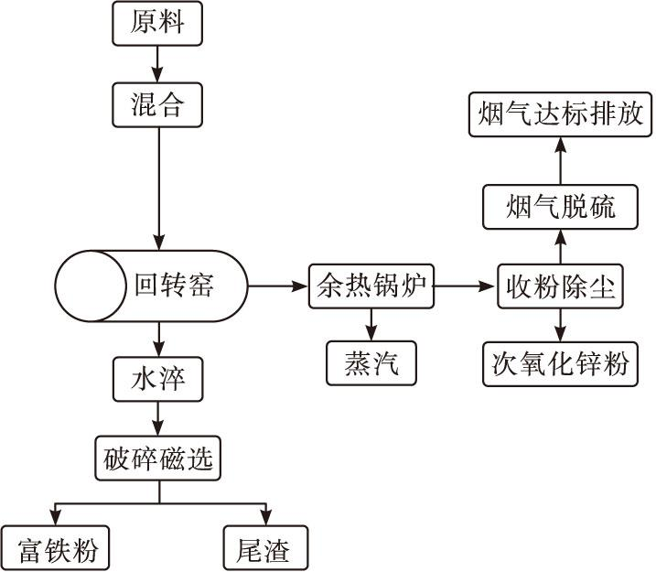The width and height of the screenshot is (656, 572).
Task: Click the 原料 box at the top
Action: point(157,23)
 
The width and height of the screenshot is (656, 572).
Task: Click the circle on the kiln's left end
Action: point(91,286)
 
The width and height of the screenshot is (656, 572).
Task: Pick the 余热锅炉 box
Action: point(371,286)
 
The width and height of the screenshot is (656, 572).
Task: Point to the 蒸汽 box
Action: point(371,364)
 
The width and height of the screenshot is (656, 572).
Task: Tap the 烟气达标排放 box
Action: point(561,114)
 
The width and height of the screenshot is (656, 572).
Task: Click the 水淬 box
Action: point(157,378)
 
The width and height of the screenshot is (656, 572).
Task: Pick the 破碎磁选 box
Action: point(157,458)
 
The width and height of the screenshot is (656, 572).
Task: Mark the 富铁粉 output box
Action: point(55,549)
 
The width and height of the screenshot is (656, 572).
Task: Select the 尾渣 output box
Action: point(265,549)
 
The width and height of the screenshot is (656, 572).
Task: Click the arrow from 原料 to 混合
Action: point(157,64)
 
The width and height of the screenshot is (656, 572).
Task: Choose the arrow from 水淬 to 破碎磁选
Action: point(157,417)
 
